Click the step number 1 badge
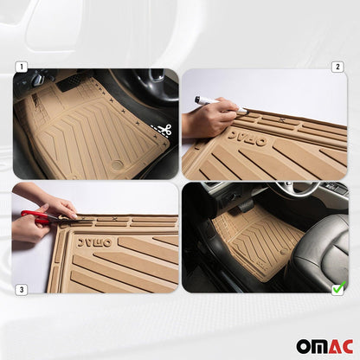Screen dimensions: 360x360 [x=19, y=66]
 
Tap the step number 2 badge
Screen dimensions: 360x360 [x=337, y=66]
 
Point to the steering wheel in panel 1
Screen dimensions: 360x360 [x=147, y=82]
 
